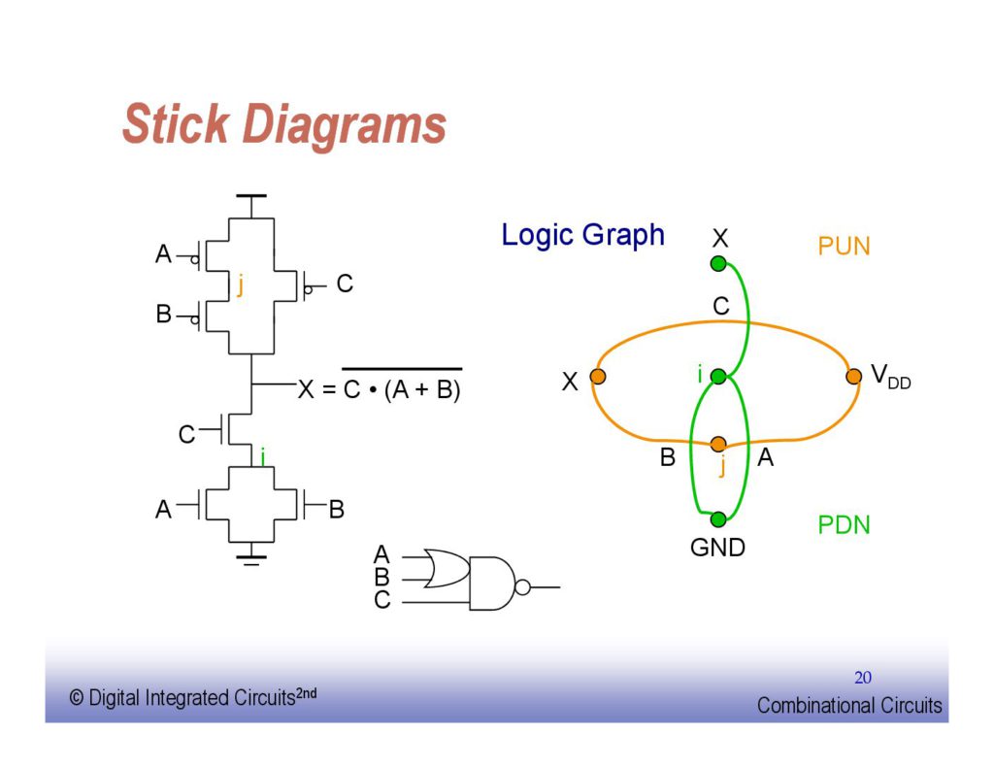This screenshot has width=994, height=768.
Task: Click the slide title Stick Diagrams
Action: [x=283, y=125]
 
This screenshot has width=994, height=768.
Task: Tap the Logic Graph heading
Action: [x=582, y=235]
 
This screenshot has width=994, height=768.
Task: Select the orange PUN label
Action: [x=844, y=247]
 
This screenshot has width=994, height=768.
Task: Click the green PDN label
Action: [x=844, y=525]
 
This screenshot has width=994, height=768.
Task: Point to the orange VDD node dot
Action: [x=853, y=377]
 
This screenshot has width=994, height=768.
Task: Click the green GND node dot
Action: [x=718, y=519]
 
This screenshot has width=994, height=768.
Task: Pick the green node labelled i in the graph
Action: [x=718, y=377]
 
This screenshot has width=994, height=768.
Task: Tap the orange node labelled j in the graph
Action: [x=718, y=445]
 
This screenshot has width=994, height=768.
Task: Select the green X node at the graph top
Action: [x=718, y=263]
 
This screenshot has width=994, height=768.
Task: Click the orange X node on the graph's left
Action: [x=598, y=377]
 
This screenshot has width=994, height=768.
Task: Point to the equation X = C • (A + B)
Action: [x=379, y=391]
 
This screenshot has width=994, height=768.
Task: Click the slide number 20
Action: [x=863, y=677]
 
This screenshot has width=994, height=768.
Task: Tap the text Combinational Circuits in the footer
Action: [x=849, y=706]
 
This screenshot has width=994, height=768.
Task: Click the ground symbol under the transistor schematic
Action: [x=252, y=557]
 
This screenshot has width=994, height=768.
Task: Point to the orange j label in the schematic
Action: [x=240, y=284]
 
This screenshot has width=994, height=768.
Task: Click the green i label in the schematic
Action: [x=262, y=454]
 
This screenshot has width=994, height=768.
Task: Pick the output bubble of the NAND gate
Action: [x=523, y=587]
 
